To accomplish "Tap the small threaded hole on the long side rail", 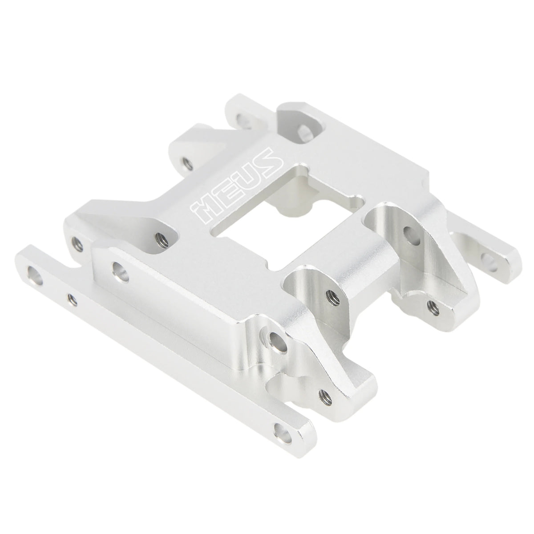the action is [x=73, y=299].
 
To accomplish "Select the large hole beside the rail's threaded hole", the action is [x=35, y=276].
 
